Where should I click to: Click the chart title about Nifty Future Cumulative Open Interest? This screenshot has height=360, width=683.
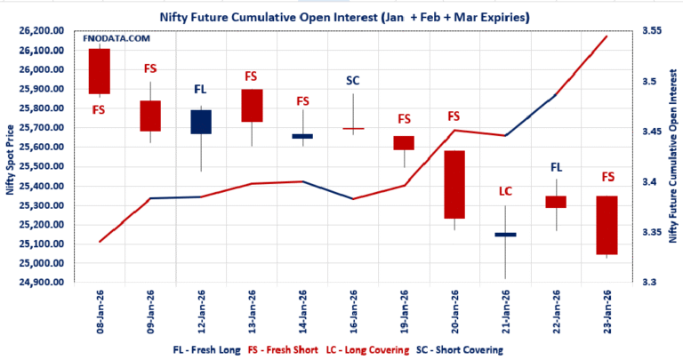point(341,15)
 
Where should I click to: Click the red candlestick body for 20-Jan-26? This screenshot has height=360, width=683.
point(454,184)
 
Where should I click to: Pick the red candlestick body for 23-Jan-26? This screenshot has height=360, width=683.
point(607,225)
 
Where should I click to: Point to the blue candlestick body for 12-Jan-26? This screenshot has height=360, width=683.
point(201,122)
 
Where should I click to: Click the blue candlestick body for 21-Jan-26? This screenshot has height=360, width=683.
point(505,235)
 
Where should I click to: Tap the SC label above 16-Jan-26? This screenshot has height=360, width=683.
point(353,81)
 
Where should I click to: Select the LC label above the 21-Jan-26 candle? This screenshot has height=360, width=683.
point(505,191)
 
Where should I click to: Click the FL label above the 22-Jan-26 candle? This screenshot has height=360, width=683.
point(557,166)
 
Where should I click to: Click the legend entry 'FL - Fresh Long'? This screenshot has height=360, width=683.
point(205,350)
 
